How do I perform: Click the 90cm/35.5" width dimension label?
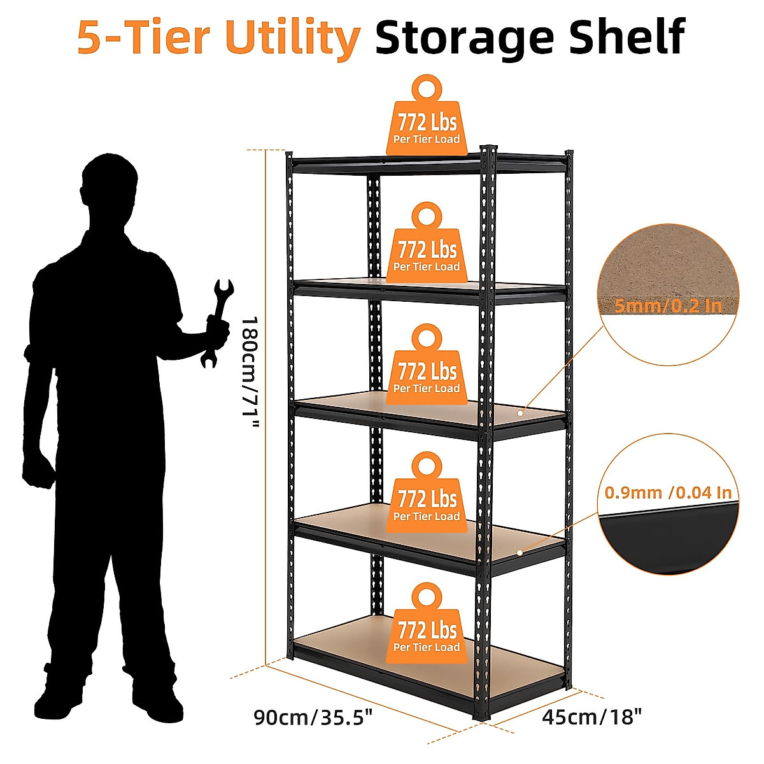tap(313, 718)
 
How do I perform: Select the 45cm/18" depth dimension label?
tap(591, 718)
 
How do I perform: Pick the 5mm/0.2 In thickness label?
tap(668, 306)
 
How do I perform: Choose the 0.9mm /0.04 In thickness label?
tap(668, 492)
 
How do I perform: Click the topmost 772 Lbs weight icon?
tap(427, 118)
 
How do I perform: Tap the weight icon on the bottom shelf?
tap(427, 627)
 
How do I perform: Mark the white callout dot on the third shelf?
tap(520, 413)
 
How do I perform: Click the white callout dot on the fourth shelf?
tap(520, 552)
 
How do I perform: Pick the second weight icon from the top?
tap(427, 245)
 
